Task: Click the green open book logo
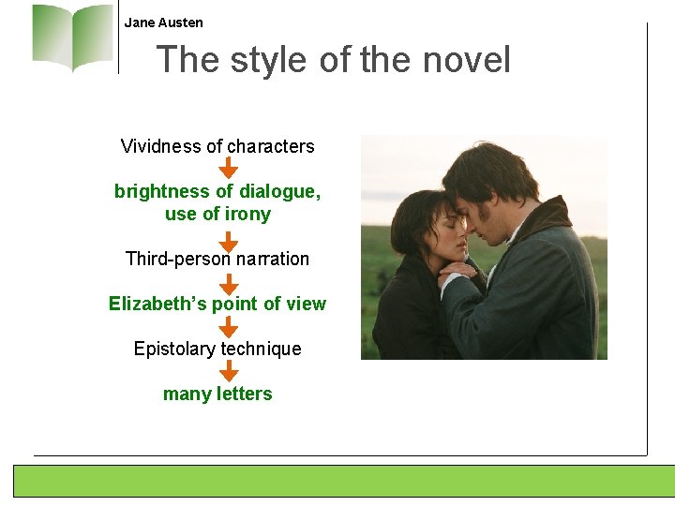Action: (x=72, y=37)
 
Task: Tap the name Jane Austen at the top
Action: (x=163, y=22)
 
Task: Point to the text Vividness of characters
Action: (x=217, y=146)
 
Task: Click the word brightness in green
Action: (x=161, y=191)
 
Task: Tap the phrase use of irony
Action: (x=217, y=214)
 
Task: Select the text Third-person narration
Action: (x=217, y=259)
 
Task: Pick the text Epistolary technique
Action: (x=217, y=349)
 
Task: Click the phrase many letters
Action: (x=217, y=394)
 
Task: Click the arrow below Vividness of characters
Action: (x=228, y=169)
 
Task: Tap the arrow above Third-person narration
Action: (x=228, y=239)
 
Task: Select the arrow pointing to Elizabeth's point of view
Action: (x=228, y=283)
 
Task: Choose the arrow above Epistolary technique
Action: (x=228, y=327)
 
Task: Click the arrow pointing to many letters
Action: (x=228, y=372)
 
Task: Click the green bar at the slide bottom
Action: (x=343, y=481)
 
